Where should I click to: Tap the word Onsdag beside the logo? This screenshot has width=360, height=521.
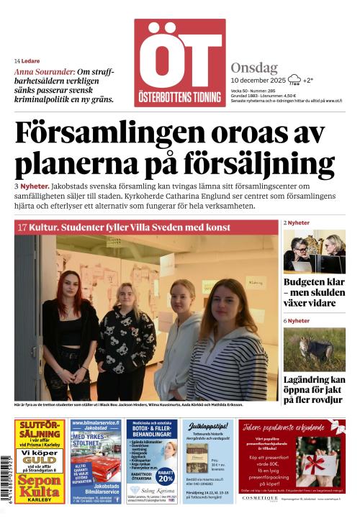(254, 68)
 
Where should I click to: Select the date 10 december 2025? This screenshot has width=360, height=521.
(258, 81)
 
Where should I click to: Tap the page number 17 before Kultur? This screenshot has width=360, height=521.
(22, 227)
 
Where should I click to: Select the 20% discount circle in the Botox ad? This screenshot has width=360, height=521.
(166, 476)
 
